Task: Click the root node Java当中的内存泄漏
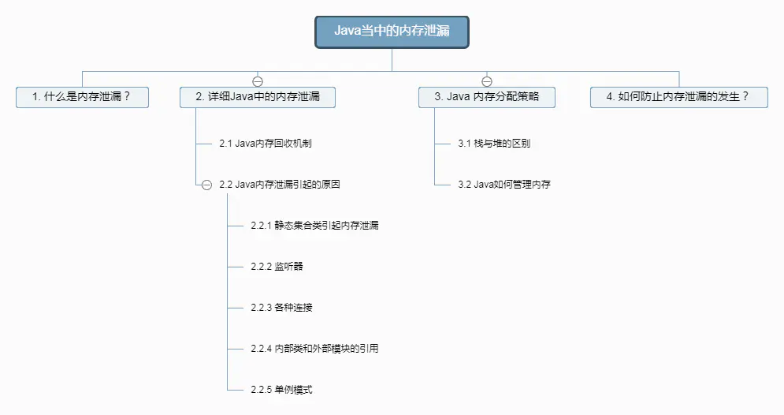coord(392,32)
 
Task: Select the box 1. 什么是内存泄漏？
coord(82,97)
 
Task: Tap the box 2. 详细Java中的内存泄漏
coord(258,97)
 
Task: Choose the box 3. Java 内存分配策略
coord(487,97)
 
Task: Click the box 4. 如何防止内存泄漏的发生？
coord(678,97)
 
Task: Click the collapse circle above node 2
coord(258,80)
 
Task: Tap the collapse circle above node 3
coord(487,80)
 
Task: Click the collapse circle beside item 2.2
coord(206,185)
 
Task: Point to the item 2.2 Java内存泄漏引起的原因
coord(280,185)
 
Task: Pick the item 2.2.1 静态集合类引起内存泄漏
coord(314,226)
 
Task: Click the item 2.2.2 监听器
coord(277,267)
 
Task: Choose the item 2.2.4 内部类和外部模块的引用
coord(314,349)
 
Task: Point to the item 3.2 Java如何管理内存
coord(504,185)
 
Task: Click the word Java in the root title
coord(347,32)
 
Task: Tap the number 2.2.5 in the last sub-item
coord(261,390)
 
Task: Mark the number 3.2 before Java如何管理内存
coord(464,185)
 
